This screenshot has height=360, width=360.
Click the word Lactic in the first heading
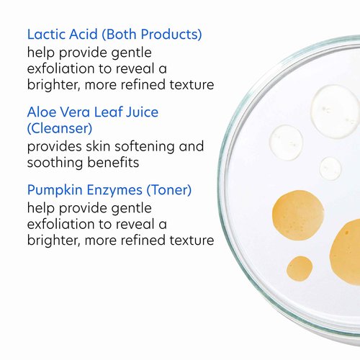point(48,34)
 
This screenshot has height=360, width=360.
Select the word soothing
point(54,163)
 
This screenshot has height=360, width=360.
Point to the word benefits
point(112,163)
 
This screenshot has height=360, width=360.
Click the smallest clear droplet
point(330,168)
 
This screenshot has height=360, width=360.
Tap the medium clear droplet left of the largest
point(287,142)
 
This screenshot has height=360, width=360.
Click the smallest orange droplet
point(300,269)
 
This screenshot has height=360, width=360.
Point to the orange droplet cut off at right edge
point(346,252)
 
